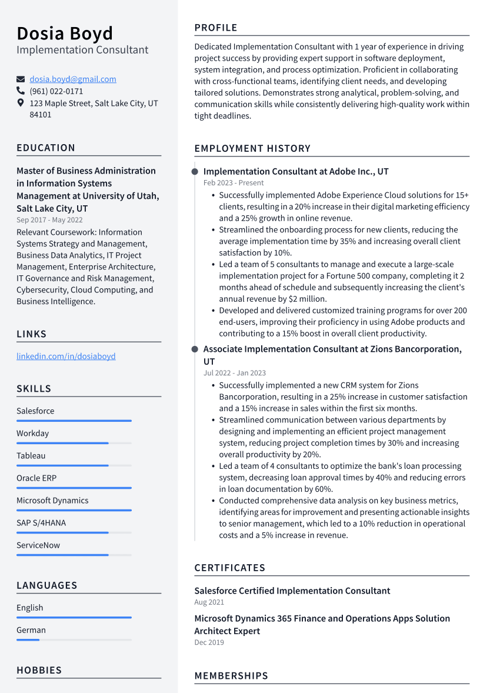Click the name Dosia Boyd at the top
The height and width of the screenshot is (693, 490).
tap(65, 33)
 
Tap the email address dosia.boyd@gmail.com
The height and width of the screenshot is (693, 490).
tap(73, 79)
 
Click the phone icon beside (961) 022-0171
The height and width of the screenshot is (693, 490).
tap(21, 91)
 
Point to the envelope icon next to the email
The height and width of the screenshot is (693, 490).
tap(21, 79)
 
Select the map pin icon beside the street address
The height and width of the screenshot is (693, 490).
tap(21, 103)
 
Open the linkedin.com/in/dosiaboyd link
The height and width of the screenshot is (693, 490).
tap(66, 356)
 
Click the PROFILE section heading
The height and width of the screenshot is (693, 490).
tap(216, 28)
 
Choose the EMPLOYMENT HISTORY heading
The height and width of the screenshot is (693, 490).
tap(252, 148)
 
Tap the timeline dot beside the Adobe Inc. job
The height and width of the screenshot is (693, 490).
tap(195, 171)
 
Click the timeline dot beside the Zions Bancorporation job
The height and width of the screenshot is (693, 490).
tap(195, 349)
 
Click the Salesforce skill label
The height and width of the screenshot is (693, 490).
tap(35, 411)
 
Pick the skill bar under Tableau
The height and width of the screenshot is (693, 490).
tap(74, 465)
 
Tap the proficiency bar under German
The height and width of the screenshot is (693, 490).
tap(74, 639)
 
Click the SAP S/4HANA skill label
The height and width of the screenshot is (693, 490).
tap(41, 523)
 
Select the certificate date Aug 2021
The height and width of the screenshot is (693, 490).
tap(209, 602)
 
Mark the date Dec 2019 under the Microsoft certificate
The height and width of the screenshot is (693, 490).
tap(209, 642)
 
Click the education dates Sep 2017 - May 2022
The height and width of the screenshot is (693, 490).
tap(49, 220)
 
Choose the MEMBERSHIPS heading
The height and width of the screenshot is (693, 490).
tap(231, 675)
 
